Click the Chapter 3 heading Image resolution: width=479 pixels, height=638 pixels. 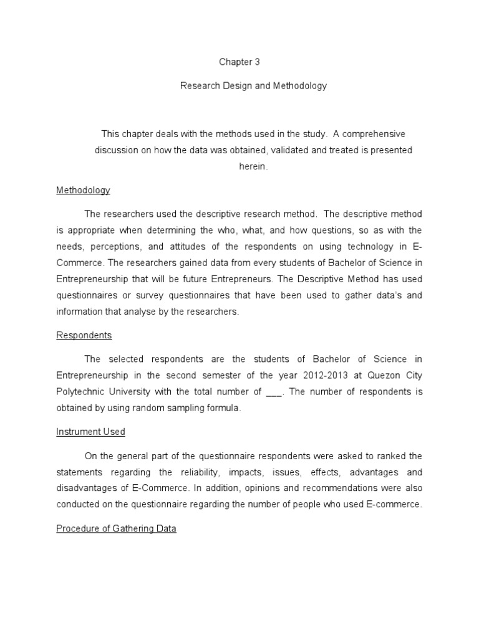click(239, 62)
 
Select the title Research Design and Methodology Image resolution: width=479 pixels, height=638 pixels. click(253, 86)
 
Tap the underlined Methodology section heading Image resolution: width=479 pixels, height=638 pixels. click(83, 190)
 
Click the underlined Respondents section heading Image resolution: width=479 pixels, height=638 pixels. click(84, 335)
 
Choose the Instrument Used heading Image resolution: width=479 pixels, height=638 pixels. click(90, 431)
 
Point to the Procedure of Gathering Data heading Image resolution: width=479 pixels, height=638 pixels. click(116, 528)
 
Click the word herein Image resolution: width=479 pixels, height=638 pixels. click(253, 166)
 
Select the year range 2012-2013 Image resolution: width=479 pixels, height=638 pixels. click(324, 376)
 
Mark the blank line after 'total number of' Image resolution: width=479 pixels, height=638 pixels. click(274, 392)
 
